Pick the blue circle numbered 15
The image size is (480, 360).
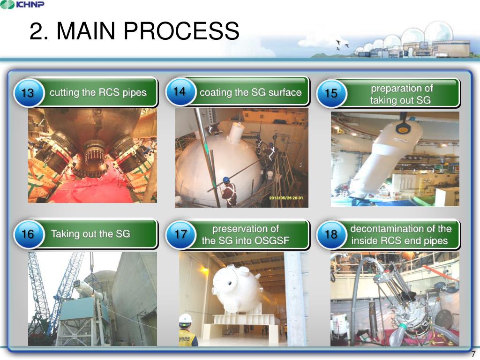[331, 93]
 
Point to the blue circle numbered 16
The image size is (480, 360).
[28, 234]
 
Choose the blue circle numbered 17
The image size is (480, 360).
[180, 234]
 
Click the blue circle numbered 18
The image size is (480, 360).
[331, 234]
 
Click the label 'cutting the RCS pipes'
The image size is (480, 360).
[98, 92]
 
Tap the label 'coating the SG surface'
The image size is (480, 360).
[250, 92]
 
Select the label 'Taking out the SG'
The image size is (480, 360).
[90, 233]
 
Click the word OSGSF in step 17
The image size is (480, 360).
[270, 241]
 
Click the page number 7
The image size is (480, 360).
[473, 354]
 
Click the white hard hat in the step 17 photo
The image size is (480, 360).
[186, 318]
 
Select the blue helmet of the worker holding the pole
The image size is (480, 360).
[226, 180]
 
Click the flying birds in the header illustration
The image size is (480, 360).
[342, 45]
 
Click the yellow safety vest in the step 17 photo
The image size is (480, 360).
[187, 338]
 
